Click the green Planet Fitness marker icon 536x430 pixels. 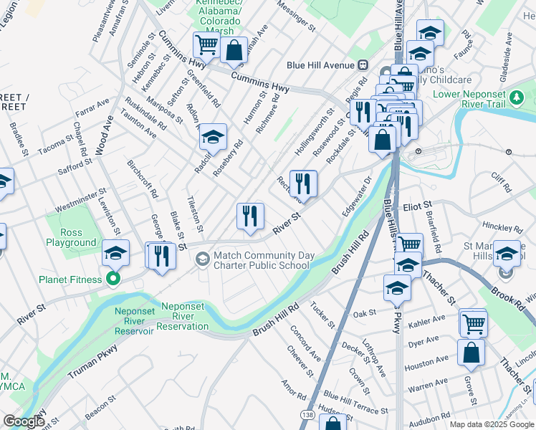point(113,278)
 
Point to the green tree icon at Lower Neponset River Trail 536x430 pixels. point(516,96)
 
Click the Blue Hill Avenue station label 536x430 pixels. point(322,64)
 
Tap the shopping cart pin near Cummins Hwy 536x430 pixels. point(206,45)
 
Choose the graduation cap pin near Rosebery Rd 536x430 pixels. point(212,136)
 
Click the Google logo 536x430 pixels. point(23,421)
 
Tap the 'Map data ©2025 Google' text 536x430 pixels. point(491,424)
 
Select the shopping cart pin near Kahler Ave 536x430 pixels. point(473,322)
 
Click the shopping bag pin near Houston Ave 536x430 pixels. point(471,353)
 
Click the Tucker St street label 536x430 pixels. point(322,314)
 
